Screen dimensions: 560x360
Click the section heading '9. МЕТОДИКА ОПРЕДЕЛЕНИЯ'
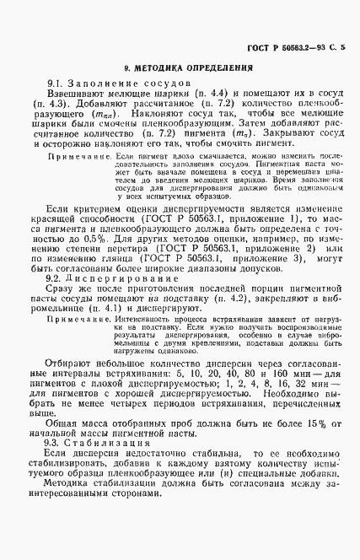click(179, 67)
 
